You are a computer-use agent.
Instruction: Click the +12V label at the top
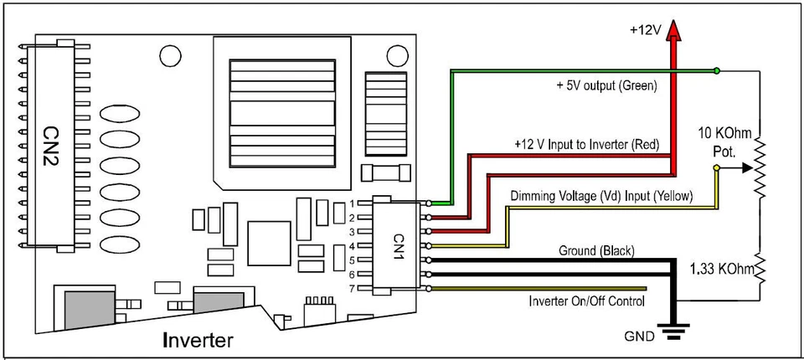pyautogui.click(x=645, y=29)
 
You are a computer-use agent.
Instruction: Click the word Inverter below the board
pyautogui.click(x=198, y=340)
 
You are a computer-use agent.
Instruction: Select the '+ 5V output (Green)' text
pyautogui.click(x=607, y=86)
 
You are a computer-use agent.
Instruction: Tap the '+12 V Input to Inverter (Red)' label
pyautogui.click(x=587, y=145)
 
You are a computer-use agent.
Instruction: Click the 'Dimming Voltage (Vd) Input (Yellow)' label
pyautogui.click(x=601, y=196)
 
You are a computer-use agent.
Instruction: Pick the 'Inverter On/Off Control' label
pyautogui.click(x=586, y=301)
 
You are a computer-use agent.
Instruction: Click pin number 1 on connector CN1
pyautogui.click(x=353, y=203)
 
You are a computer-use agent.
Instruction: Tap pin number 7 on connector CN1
pyautogui.click(x=353, y=288)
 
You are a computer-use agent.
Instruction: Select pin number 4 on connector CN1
pyautogui.click(x=353, y=245)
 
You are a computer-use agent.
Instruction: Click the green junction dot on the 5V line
pyautogui.click(x=716, y=70)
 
